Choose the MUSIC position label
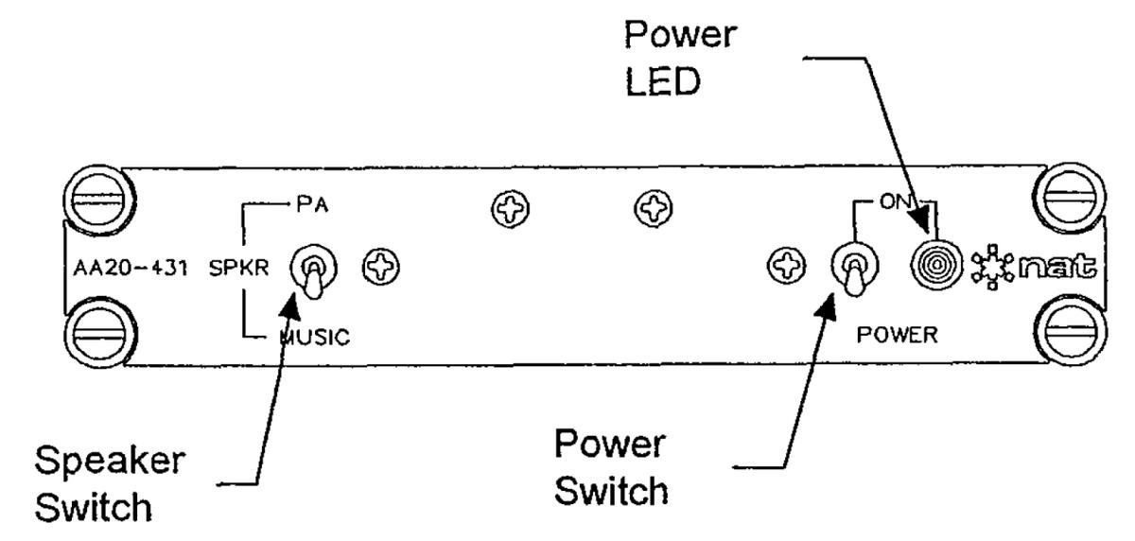point(316,339)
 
